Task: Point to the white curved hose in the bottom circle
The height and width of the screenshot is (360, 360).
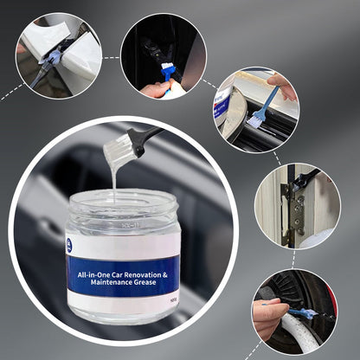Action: [299, 333]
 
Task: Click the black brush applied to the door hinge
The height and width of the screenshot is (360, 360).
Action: [305, 179]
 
